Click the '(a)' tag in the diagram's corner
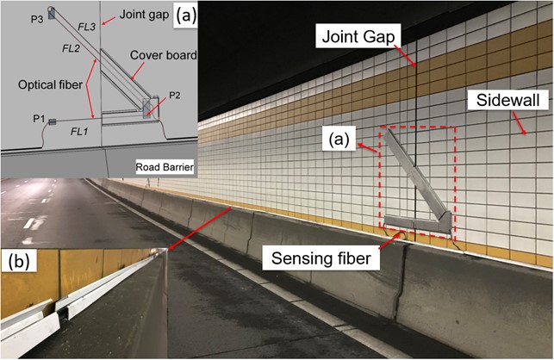pyautogui.click(x=184, y=15)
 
